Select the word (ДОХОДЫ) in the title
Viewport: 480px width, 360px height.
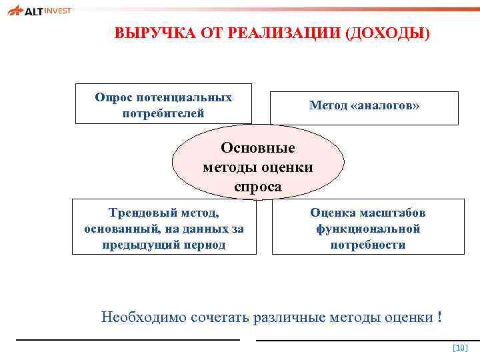387,34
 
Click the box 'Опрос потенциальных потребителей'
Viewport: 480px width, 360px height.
163,104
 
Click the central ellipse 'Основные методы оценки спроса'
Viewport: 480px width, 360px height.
258,167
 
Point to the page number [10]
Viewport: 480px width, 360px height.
460,348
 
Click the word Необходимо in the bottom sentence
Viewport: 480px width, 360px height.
135,317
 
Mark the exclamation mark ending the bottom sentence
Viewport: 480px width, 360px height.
439,317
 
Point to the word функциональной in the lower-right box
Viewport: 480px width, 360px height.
368,229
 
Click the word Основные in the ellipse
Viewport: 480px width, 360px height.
258,147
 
